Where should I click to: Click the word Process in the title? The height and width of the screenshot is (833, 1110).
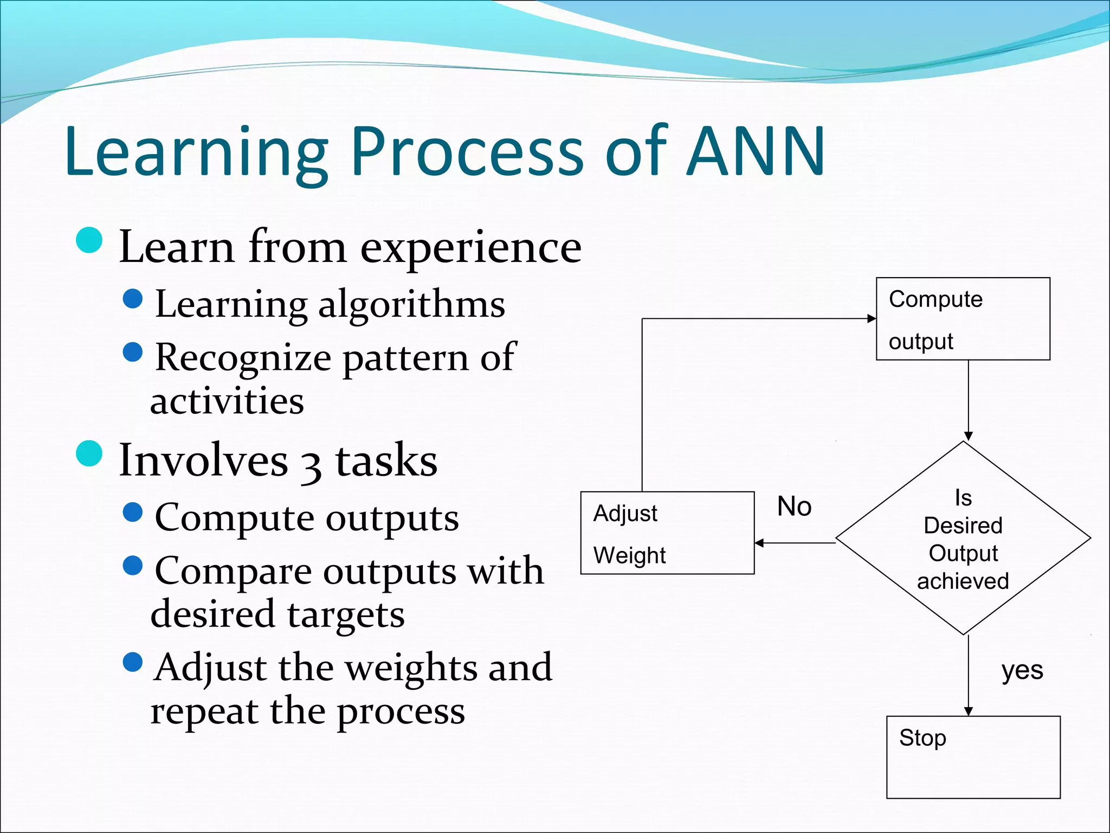pyautogui.click(x=467, y=152)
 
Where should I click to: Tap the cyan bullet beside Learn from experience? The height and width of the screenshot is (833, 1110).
pyautogui.click(x=89, y=240)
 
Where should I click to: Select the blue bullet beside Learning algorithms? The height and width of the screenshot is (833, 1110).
pyautogui.click(x=133, y=298)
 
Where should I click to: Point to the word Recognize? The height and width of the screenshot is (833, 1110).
pyautogui.click(x=243, y=358)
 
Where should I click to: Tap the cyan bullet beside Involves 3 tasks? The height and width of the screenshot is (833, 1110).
pyautogui.click(x=89, y=453)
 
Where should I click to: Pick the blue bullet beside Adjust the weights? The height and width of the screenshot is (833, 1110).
pyautogui.click(x=133, y=662)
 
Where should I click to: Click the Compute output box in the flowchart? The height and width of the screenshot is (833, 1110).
pyautogui.click(x=963, y=319)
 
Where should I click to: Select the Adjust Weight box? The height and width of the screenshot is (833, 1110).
pyautogui.click(x=667, y=533)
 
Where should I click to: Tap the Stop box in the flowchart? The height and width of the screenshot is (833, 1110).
pyautogui.click(x=973, y=757)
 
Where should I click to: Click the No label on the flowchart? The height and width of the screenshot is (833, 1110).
pyautogui.click(x=794, y=507)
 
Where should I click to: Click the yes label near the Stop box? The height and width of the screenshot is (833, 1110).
pyautogui.click(x=1022, y=671)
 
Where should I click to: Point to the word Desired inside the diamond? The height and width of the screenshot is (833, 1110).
pyautogui.click(x=963, y=526)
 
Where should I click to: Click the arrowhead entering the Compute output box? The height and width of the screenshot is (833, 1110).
pyautogui.click(x=872, y=318)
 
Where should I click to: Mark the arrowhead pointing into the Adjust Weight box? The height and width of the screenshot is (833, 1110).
pyautogui.click(x=759, y=543)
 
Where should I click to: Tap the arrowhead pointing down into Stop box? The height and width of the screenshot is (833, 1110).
pyautogui.click(x=969, y=711)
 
